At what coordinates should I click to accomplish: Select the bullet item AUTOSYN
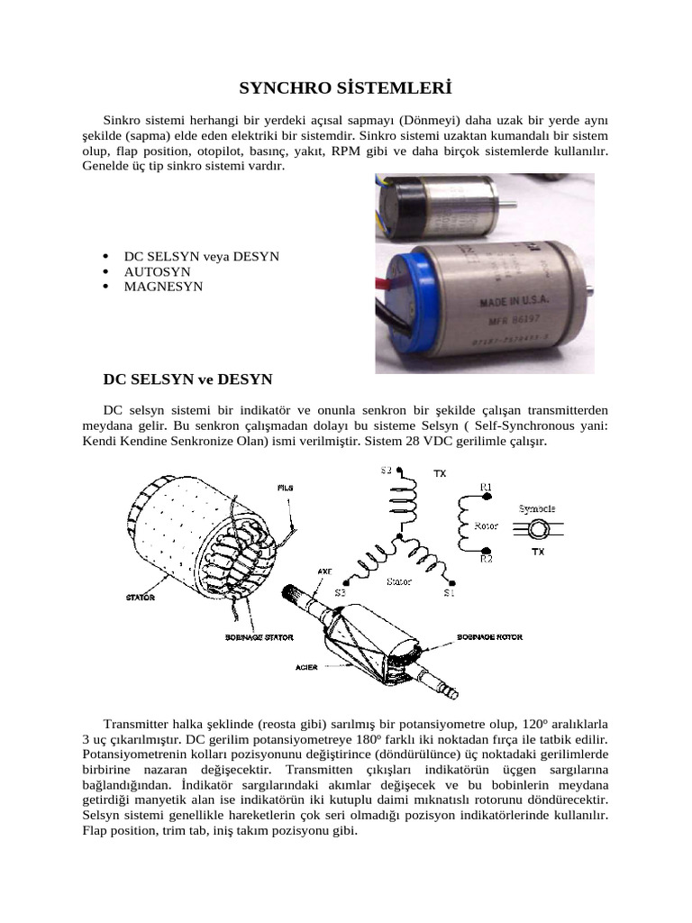pos(157,271)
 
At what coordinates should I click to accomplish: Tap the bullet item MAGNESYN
pos(163,287)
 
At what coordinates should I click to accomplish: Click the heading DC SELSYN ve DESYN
pos(188,379)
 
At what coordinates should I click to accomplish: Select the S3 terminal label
pos(340,592)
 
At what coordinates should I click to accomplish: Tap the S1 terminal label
pos(450,592)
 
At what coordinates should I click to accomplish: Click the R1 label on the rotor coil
pos(486,488)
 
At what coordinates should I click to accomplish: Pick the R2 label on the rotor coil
pos(486,559)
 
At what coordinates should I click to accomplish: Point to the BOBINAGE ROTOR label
pos(492,637)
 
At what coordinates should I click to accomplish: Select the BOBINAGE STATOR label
pos(259,637)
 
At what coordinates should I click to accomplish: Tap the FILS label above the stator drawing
pos(285,488)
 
